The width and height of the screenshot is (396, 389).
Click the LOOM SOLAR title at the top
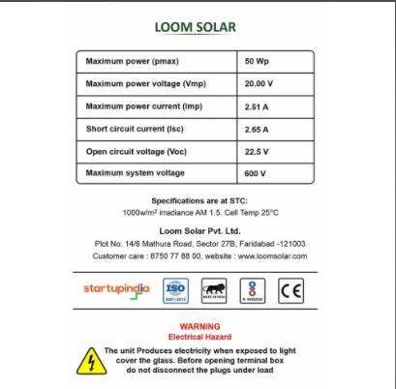tap(196, 27)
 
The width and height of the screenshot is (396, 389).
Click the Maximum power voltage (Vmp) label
tap(146, 83)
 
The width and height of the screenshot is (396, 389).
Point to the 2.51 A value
tap(259, 105)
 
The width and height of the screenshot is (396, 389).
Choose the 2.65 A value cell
tap(259, 129)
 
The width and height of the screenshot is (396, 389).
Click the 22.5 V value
tap(258, 151)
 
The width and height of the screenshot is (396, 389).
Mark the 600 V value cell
tap(257, 173)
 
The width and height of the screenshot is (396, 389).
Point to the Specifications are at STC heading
tap(199, 200)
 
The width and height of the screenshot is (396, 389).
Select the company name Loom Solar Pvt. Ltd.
tap(199, 232)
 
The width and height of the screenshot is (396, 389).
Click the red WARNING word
tap(199, 327)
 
